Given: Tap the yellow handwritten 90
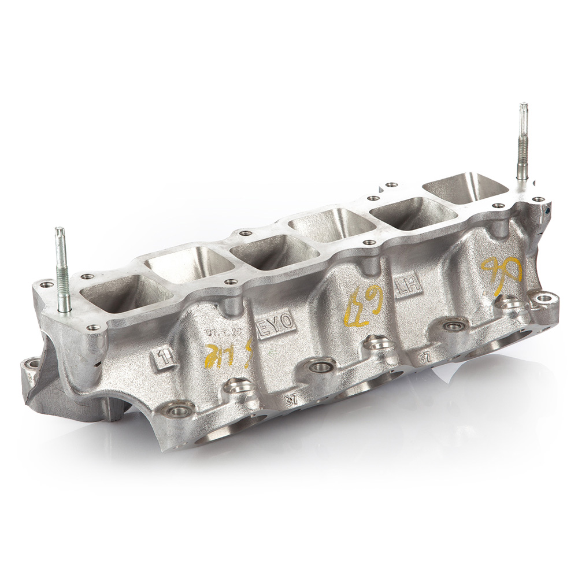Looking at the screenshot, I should tap(501, 273).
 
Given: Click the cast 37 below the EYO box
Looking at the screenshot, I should tap(291, 399).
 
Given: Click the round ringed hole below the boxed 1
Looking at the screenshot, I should tap(178, 411).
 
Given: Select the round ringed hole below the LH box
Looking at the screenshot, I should tap(454, 326).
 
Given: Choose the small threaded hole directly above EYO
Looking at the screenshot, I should tap(231, 282).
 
